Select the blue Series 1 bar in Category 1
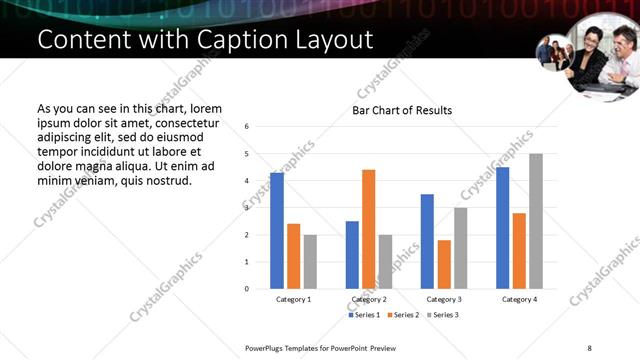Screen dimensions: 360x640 point(277,231)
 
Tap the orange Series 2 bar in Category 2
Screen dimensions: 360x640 point(368,229)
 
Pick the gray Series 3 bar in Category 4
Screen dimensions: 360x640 point(536,221)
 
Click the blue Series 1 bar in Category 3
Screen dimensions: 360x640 point(427,241)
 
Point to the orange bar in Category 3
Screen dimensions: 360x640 point(444,264)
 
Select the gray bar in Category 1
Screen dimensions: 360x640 point(310,262)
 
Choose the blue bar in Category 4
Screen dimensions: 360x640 point(502,228)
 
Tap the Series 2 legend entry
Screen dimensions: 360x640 point(402,315)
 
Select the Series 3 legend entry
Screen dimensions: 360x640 point(442,315)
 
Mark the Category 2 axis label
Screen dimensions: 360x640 point(370,299)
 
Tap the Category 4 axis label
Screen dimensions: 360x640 point(520,299)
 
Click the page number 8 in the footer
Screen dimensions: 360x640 point(589,347)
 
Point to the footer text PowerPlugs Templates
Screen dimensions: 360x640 point(290,347)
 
